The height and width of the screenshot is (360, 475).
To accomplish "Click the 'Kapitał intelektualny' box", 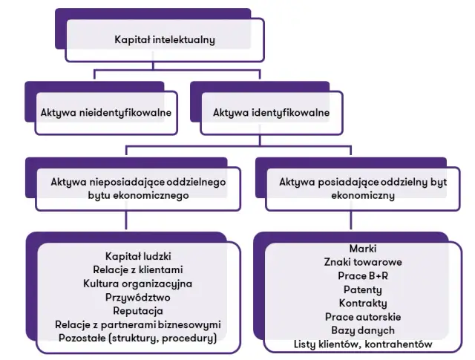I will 164,39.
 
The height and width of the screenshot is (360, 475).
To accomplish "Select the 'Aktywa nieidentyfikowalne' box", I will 106,113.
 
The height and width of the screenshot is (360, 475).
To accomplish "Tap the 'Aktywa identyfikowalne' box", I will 272,113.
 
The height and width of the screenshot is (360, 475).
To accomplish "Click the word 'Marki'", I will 362,248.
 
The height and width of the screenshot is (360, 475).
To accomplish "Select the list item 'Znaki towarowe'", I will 362,262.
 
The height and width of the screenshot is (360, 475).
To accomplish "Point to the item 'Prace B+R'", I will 362,275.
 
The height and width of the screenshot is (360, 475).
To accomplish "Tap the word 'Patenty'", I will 362,289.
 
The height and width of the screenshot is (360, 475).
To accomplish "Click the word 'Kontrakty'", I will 362,303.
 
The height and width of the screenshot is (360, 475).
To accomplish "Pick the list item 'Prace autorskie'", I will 362,317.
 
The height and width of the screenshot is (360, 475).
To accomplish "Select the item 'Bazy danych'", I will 362,330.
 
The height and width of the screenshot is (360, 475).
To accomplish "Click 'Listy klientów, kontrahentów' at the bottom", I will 362,344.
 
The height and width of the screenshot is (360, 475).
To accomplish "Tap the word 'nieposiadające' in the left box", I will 122,181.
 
